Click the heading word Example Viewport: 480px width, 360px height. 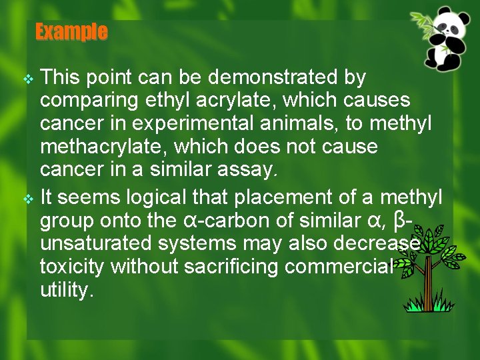click(x=71, y=31)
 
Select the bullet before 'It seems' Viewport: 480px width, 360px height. click(x=27, y=199)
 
